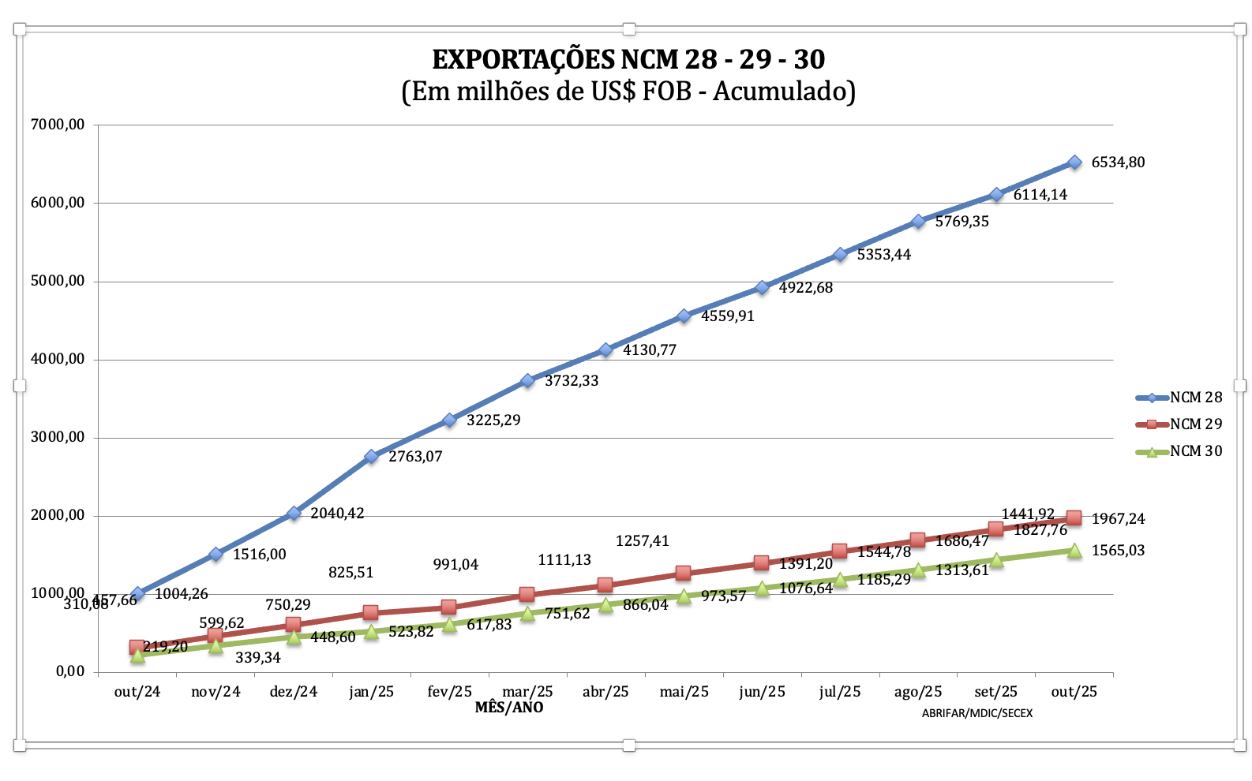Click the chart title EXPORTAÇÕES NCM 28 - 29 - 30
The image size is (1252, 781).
click(628, 59)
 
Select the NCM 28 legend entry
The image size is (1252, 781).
click(1195, 398)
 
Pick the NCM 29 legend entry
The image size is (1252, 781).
click(1195, 424)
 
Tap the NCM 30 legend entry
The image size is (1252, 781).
click(1195, 451)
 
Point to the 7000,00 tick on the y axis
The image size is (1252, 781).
click(58, 125)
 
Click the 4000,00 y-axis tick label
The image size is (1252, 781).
click(58, 359)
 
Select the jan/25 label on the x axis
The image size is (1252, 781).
click(371, 692)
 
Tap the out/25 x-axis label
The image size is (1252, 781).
click(1074, 692)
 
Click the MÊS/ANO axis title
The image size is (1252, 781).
click(509, 708)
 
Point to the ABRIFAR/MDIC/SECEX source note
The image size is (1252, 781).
click(976, 713)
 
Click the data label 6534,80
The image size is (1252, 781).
click(1118, 163)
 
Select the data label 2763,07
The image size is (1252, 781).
click(415, 457)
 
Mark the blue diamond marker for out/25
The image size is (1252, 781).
click(1074, 163)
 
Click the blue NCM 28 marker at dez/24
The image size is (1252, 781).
click(294, 514)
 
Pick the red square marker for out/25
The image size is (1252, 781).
click(1074, 518)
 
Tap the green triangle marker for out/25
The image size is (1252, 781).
click(1074, 551)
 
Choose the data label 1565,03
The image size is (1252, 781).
click(1118, 551)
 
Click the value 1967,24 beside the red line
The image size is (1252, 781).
click(1118, 519)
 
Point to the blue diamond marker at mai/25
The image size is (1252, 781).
click(684, 316)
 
